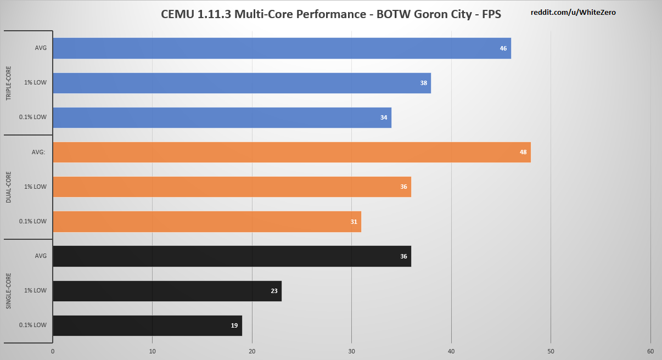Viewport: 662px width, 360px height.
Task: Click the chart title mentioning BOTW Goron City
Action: [330, 14]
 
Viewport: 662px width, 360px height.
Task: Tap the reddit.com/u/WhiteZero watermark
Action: [573, 12]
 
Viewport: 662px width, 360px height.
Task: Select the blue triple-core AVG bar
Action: [282, 48]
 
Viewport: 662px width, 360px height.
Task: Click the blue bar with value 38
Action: [242, 83]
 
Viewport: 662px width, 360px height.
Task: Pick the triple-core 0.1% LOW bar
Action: [222, 117]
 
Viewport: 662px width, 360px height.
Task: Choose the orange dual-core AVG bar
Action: [291, 152]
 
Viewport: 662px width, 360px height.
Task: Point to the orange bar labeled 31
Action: [207, 221]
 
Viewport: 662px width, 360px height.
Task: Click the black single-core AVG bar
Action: [232, 256]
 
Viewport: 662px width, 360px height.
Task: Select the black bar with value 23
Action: [167, 291]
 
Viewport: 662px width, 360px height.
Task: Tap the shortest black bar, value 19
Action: [147, 325]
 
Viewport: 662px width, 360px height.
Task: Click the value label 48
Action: [523, 152]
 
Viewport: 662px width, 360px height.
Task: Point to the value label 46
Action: [503, 48]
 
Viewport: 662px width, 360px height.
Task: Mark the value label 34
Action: [384, 117]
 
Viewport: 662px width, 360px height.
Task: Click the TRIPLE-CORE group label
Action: [9, 83]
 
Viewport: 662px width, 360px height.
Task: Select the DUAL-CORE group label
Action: [9, 187]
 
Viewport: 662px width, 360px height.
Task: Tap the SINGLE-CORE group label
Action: [9, 291]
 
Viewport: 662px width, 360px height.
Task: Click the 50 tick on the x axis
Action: [551, 351]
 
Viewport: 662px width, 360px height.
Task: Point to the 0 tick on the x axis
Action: [53, 351]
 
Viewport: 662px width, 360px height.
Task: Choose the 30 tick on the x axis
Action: [351, 351]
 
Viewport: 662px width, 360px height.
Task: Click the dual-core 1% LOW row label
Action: [35, 187]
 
